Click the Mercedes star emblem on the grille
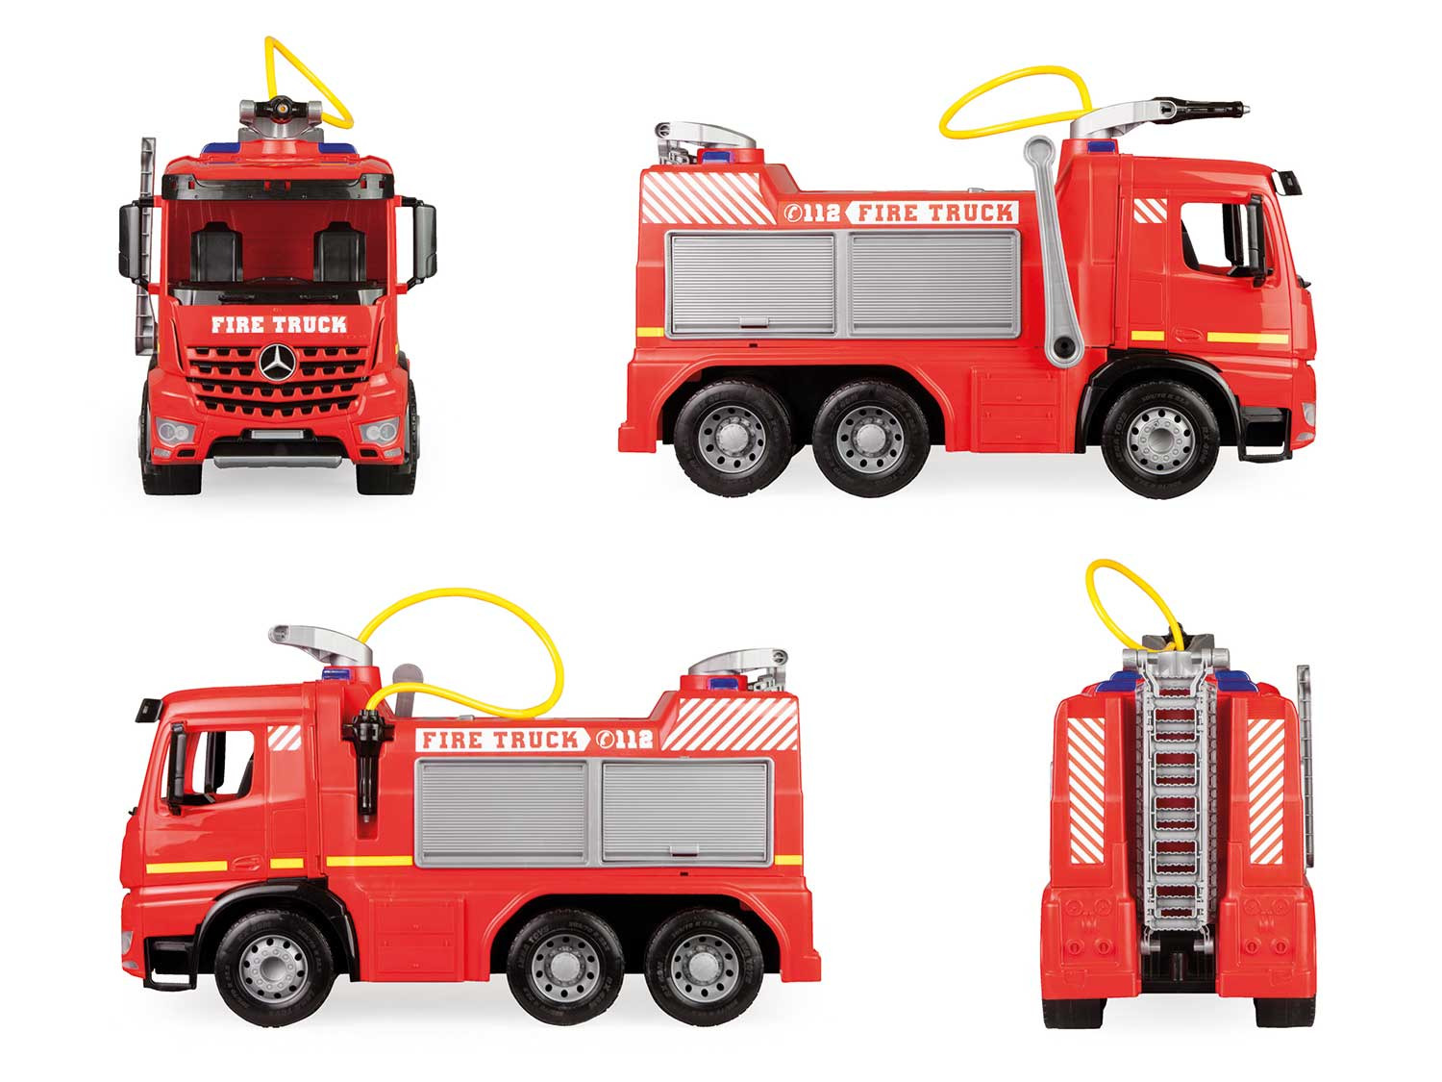(277, 362)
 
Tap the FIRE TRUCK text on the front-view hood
(279, 324)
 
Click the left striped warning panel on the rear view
(1086, 790)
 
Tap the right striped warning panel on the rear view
(1264, 791)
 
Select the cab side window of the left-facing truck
(220, 765)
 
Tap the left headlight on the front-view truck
(174, 432)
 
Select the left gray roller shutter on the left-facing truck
(504, 813)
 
